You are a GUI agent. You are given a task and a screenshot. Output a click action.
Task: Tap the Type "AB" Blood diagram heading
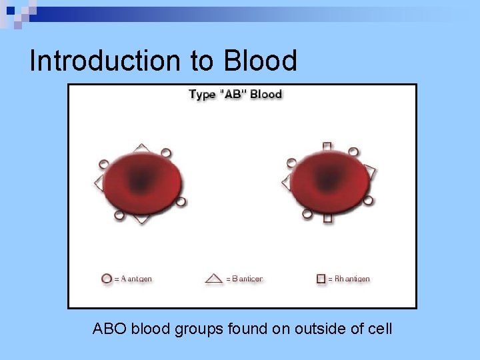235,94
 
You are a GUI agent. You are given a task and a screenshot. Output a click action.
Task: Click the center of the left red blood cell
141,181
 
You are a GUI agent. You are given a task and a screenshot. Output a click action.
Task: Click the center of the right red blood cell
329,181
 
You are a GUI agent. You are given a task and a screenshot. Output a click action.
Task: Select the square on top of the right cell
327,146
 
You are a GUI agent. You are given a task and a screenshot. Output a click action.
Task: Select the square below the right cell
327,217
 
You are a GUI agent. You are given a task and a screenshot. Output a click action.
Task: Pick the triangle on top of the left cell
141,147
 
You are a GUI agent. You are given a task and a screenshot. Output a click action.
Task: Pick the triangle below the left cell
141,218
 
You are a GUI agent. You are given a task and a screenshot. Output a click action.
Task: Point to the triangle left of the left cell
99,182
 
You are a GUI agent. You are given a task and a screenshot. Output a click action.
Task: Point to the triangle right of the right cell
371,173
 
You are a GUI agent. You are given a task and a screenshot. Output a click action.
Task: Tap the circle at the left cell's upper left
103,163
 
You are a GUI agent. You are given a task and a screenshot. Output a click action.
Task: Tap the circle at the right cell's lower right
369,200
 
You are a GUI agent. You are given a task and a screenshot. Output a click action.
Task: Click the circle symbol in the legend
107,279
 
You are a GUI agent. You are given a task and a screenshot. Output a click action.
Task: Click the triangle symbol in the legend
214,279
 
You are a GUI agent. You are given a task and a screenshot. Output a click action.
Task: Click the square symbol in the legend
321,279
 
